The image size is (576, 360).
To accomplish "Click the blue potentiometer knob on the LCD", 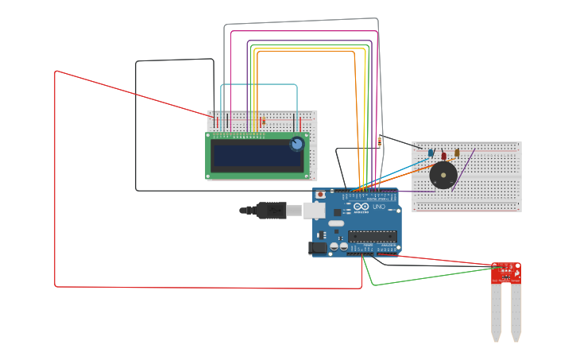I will click(296, 144).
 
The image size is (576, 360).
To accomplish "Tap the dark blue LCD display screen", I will click(257, 156).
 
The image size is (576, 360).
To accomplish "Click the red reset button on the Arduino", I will click(320, 194).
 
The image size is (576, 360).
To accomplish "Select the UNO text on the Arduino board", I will click(378, 207).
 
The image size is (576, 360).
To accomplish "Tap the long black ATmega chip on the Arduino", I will click(372, 236).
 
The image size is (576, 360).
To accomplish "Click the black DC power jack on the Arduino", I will click(318, 248).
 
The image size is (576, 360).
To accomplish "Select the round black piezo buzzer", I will click(443, 174).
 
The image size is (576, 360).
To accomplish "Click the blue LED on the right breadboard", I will click(431, 153).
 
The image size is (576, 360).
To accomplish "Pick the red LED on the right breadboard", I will click(444, 155).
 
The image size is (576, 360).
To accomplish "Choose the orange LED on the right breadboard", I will click(457, 153).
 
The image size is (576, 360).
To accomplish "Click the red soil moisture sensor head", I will click(505, 273).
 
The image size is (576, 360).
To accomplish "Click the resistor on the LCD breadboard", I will click(263, 122).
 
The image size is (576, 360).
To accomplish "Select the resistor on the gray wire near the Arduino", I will click(380, 142).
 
